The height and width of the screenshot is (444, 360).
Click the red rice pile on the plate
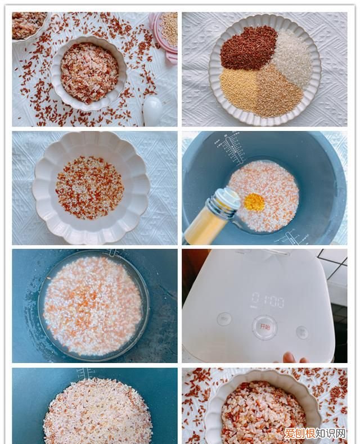pos(249,47)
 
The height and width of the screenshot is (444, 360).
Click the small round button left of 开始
pos(224,319)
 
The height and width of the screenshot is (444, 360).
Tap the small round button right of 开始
pos(302,332)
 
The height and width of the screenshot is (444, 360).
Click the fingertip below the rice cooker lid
pos(289,357)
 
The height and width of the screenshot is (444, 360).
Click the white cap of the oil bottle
pos(228,200)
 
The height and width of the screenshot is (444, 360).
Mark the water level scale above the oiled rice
pos(232,148)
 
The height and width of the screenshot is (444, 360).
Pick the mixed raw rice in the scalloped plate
pos(90,187)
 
